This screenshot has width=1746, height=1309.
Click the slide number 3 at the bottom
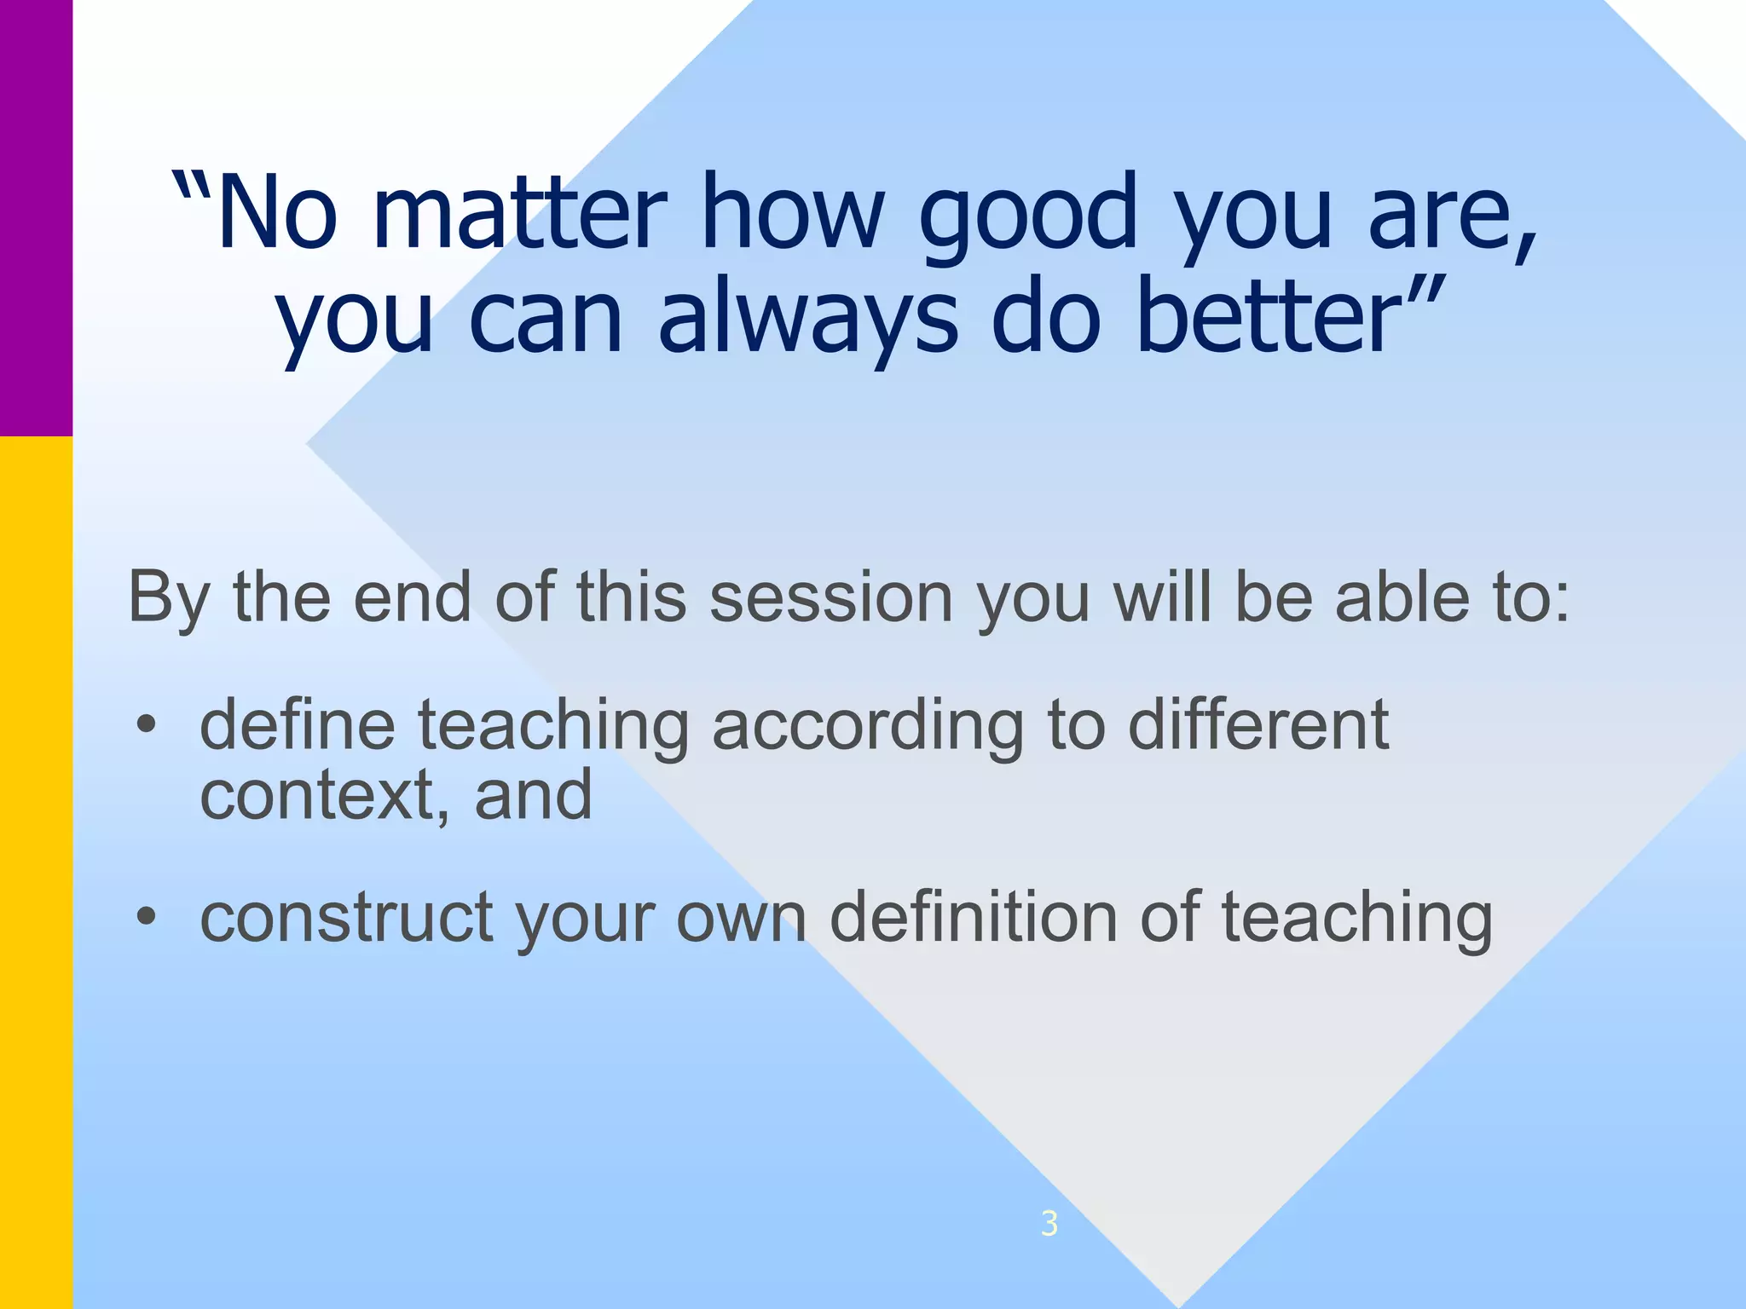click(x=1049, y=1224)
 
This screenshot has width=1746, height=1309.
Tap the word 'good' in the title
click(x=1029, y=213)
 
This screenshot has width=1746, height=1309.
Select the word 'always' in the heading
click(x=807, y=320)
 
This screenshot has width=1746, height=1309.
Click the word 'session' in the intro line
click(x=830, y=597)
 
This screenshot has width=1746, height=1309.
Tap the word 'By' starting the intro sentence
click(x=168, y=599)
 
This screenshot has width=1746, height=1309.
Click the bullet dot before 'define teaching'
click(x=147, y=725)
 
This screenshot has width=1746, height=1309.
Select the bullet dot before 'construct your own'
click(x=147, y=918)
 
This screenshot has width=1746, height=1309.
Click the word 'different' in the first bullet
click(x=1258, y=725)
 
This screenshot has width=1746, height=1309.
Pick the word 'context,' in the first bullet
click(x=324, y=795)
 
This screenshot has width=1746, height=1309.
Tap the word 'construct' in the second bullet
click(x=346, y=919)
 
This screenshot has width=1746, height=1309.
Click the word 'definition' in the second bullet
click(x=973, y=917)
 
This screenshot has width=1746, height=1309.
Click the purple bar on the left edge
click(x=36, y=217)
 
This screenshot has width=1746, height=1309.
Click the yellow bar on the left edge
click(x=36, y=869)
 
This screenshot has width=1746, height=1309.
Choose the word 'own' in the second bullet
click(x=741, y=919)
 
